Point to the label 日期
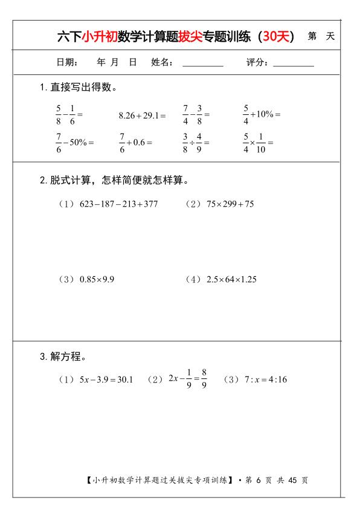(x=66, y=62)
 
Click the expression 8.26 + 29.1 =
(x=142, y=114)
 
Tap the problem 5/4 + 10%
(x=262, y=114)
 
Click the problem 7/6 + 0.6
(x=135, y=142)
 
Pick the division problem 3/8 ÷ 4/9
(x=196, y=142)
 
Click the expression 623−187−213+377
(x=118, y=204)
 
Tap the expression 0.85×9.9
(x=97, y=279)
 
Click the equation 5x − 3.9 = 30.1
(x=106, y=380)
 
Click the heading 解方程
(x=66, y=357)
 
